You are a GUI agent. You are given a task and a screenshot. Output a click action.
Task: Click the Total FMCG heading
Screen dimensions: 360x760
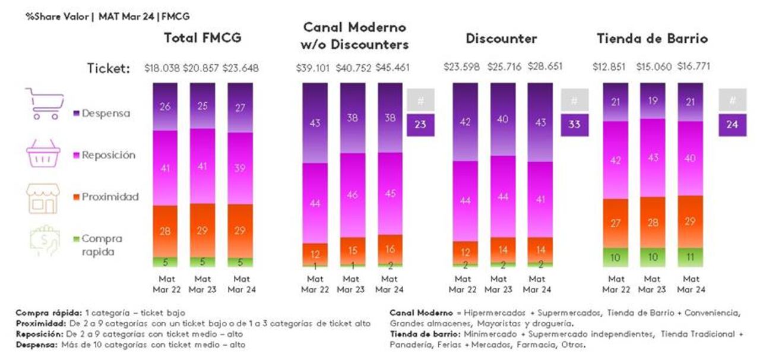coord(202,39)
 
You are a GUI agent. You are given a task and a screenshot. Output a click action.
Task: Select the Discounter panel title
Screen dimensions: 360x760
coord(501,39)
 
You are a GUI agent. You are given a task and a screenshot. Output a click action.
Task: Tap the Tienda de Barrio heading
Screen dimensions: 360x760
coord(652,39)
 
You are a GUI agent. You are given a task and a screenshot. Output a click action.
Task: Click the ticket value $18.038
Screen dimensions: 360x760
coord(162,68)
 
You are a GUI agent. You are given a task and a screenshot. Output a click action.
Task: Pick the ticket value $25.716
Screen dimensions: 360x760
coord(502,67)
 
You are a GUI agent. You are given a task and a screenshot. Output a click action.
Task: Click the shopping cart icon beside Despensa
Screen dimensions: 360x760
coord(43,104)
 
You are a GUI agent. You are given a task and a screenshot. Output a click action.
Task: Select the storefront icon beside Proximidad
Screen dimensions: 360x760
coord(43,198)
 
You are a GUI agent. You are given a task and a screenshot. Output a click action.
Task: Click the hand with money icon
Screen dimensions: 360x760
coord(44,240)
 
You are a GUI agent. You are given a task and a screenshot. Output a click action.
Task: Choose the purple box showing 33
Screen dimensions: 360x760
coord(574,125)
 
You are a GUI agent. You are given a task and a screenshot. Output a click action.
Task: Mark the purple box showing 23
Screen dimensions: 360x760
coord(420,125)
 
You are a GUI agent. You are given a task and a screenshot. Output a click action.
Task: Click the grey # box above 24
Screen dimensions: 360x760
coord(732,100)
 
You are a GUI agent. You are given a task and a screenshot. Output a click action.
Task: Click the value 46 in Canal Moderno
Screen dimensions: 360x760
coord(352,195)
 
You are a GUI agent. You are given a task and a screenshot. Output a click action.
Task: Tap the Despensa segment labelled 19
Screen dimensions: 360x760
coord(653,101)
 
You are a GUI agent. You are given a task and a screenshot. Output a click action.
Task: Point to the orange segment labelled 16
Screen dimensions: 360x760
coord(389,249)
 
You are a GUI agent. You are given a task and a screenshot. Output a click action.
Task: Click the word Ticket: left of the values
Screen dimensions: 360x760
coord(109,69)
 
